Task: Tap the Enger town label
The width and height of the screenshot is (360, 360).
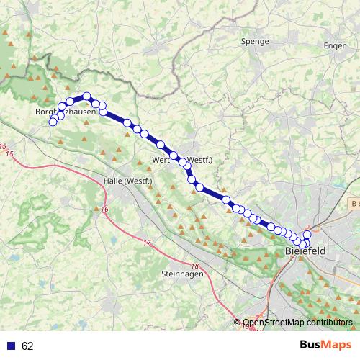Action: [335, 45]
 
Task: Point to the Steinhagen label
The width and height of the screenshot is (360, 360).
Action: [182, 274]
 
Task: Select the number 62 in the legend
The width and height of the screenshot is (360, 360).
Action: [27, 346]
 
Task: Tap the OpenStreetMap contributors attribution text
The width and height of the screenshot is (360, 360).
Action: [297, 323]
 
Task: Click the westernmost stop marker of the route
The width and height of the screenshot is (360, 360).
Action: [53, 122]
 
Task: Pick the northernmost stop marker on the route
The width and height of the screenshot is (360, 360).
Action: [86, 96]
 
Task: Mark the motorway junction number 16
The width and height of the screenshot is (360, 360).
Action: [105, 210]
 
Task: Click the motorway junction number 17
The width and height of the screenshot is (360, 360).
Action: [147, 243]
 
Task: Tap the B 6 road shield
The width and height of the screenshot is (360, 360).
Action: [351, 205]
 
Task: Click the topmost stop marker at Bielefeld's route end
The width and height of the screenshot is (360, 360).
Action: [307, 235]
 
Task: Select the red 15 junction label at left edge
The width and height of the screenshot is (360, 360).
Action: [9, 154]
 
